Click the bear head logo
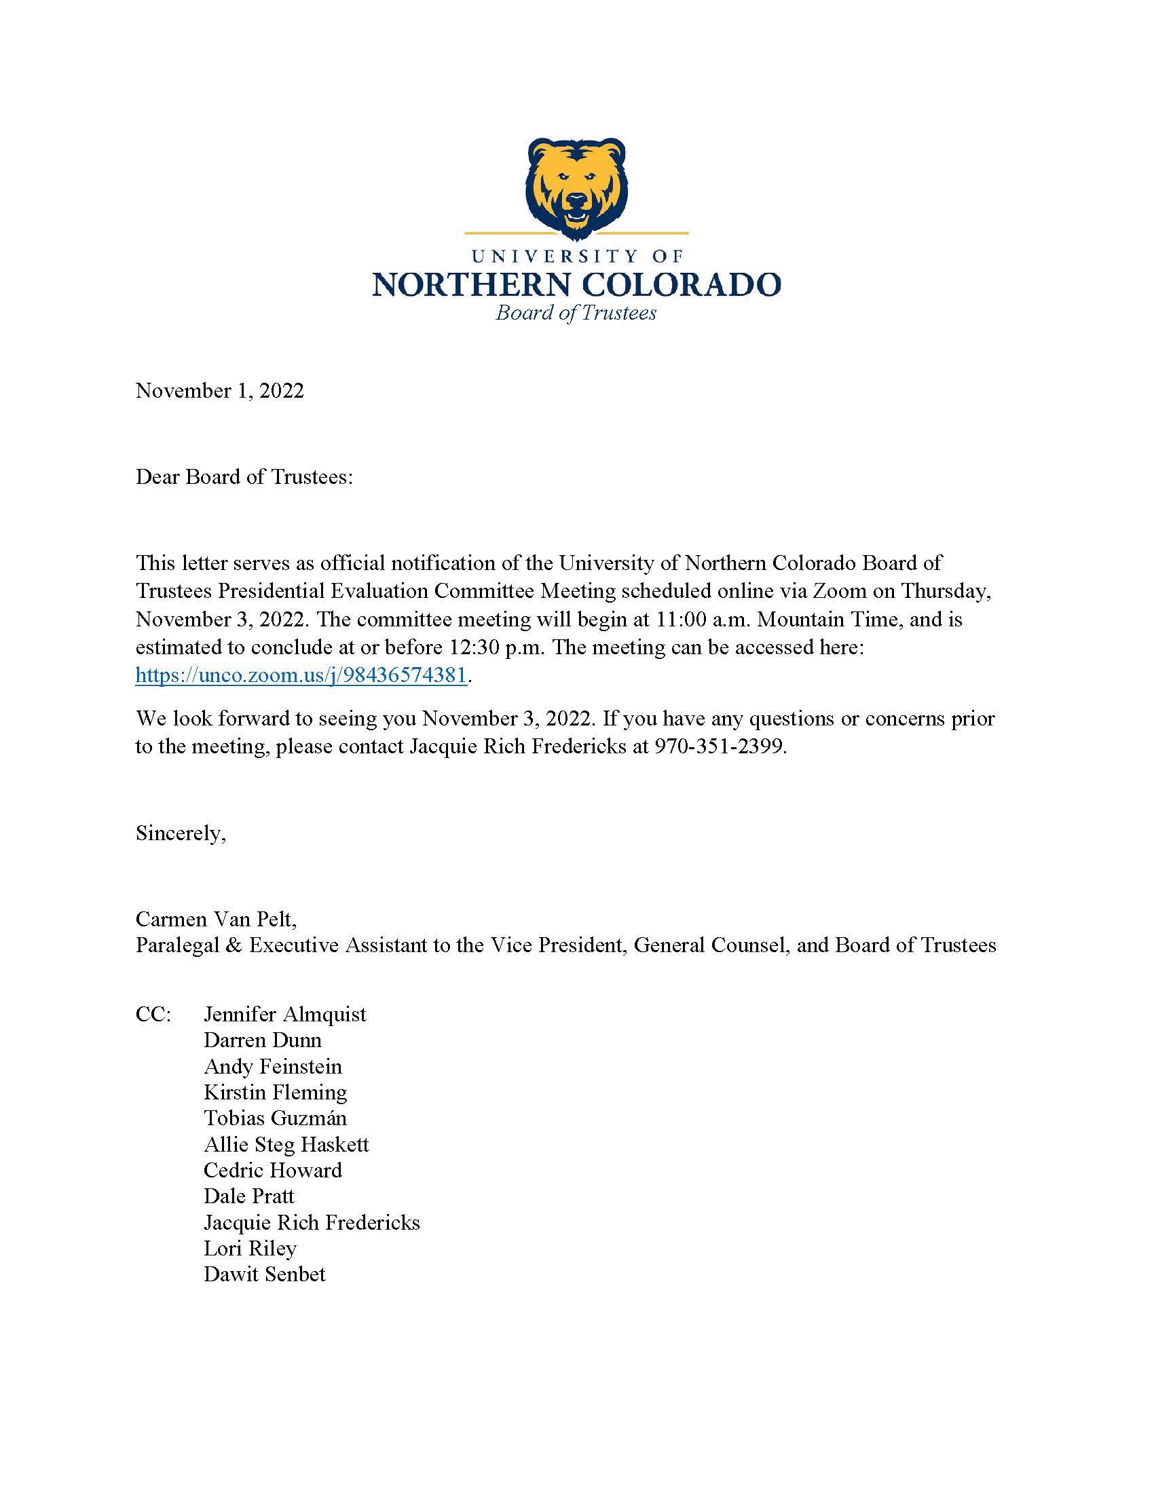pyautogui.click(x=576, y=188)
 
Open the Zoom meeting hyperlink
pyautogui.click(x=301, y=675)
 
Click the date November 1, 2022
pyautogui.click(x=219, y=391)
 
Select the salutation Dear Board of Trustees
pyautogui.click(x=244, y=477)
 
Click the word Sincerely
pyautogui.click(x=181, y=833)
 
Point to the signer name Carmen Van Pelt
pyautogui.click(x=216, y=919)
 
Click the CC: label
pyautogui.click(x=153, y=1014)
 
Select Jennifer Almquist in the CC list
pyautogui.click(x=284, y=1014)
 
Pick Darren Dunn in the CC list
pyautogui.click(x=263, y=1040)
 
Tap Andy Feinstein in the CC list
pyautogui.click(x=273, y=1066)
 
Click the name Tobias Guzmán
pyautogui.click(x=275, y=1118)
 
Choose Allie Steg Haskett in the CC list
pyautogui.click(x=286, y=1144)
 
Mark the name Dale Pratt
pyautogui.click(x=249, y=1196)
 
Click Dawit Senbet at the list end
pyautogui.click(x=265, y=1274)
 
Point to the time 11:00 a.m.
pyautogui.click(x=703, y=620)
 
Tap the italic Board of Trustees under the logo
pyautogui.click(x=576, y=313)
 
